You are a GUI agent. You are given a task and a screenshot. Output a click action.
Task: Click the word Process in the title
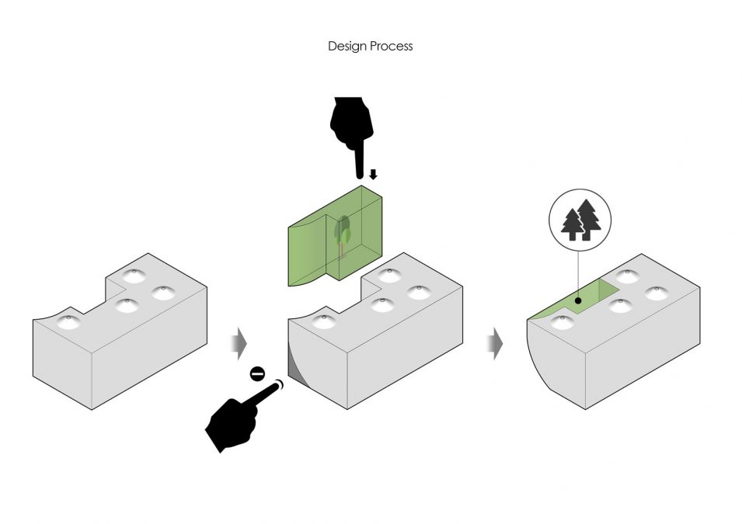click(392, 47)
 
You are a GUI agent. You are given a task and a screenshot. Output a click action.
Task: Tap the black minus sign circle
click(258, 374)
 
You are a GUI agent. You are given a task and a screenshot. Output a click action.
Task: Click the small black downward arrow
click(373, 175)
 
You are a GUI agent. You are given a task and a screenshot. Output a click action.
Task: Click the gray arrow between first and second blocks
click(240, 341)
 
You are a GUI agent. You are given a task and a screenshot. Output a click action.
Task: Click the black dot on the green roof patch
click(577, 299)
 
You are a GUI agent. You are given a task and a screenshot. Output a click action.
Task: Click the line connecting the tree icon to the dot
click(577, 268)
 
